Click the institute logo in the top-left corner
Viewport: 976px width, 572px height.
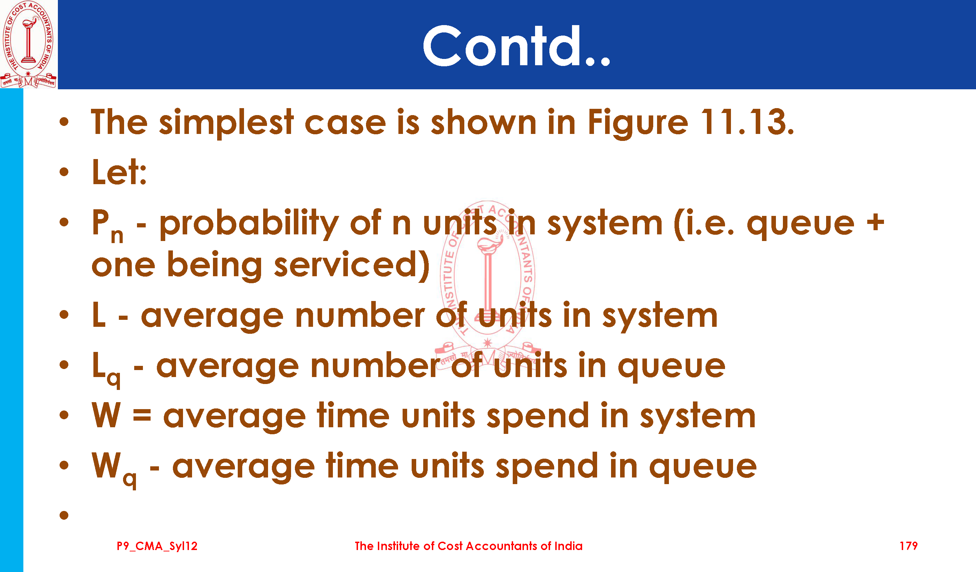28,44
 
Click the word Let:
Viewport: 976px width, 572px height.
119,172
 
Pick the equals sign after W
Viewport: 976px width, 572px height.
142,415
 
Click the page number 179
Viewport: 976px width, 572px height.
908,546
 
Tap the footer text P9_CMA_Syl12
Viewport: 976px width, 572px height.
157,547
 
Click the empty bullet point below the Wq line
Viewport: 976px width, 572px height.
64,515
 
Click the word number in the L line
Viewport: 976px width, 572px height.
360,316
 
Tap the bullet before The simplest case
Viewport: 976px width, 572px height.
64,122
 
